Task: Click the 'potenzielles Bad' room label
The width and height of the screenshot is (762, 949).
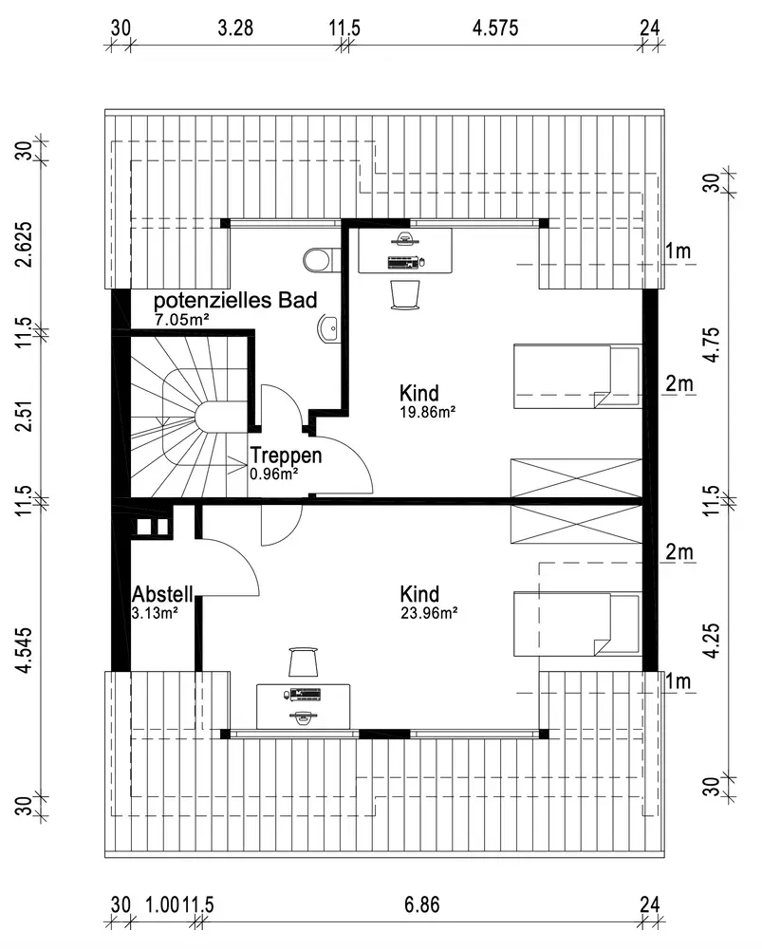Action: (234, 302)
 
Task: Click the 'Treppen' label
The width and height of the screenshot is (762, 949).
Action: (286, 456)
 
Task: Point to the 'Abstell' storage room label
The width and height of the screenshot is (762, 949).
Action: (163, 594)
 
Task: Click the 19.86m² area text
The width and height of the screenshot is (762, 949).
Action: (429, 412)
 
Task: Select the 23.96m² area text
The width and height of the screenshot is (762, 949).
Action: (429, 613)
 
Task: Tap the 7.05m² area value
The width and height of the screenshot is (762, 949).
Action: (182, 321)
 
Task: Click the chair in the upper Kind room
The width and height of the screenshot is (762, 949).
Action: (405, 293)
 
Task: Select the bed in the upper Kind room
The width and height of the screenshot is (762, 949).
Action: (576, 377)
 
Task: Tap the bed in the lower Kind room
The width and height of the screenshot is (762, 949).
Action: (576, 623)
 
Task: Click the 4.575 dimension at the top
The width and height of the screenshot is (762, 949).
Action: (495, 28)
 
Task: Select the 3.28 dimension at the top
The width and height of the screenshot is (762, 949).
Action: (235, 28)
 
